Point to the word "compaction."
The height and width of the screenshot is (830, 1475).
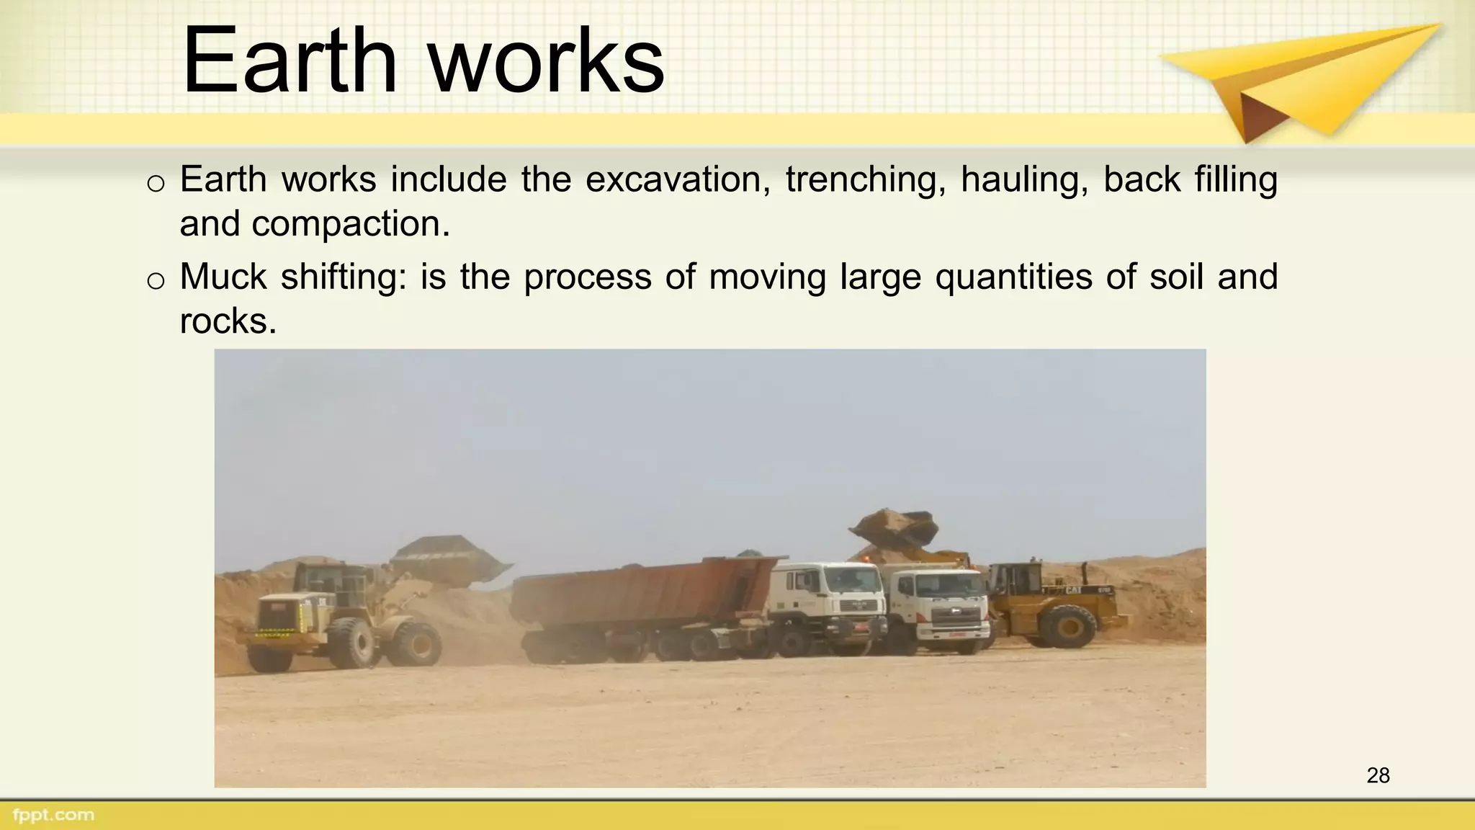point(351,224)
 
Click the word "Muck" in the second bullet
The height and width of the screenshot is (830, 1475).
point(223,277)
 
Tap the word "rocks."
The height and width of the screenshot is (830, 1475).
point(228,321)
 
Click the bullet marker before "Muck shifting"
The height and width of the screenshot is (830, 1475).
point(156,280)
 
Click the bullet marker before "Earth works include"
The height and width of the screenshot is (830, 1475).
point(156,183)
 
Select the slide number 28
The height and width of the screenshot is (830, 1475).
point(1378,775)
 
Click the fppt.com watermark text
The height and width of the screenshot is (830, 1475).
point(53,815)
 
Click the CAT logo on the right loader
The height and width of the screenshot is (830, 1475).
point(1073,590)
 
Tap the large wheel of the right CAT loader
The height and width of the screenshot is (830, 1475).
point(1068,625)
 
